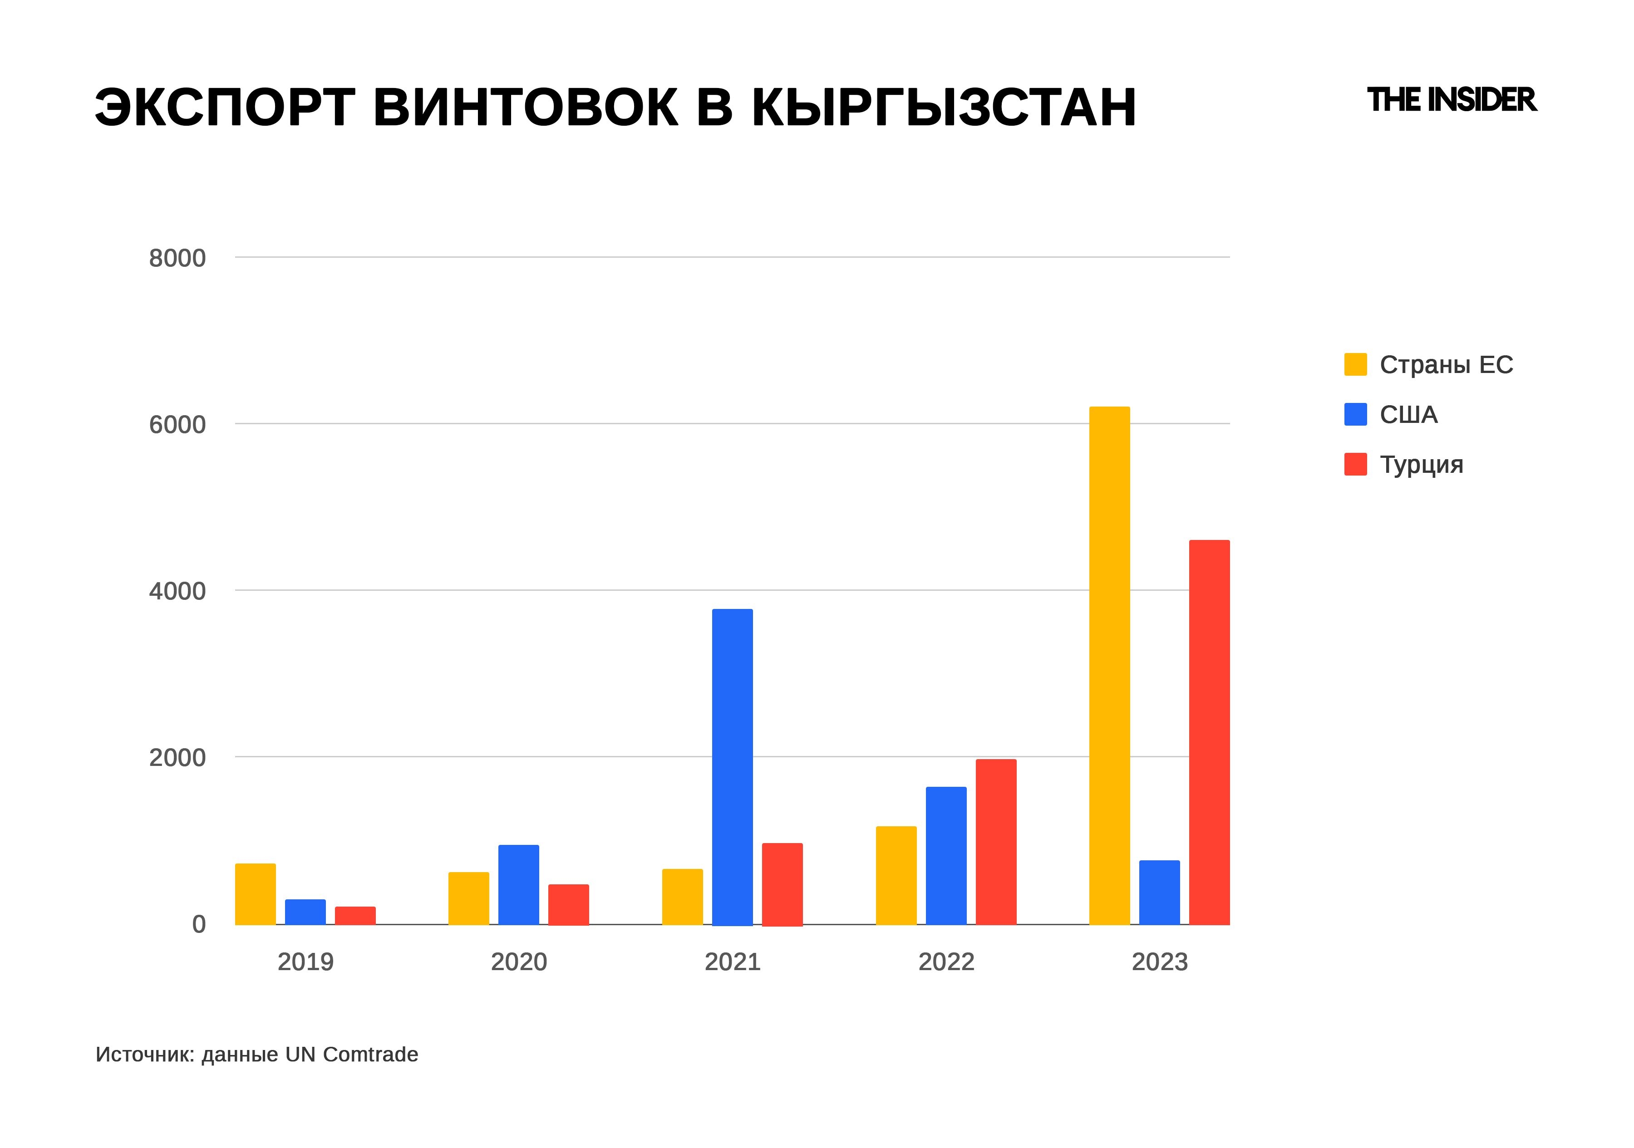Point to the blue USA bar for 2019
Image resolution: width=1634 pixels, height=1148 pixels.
305,912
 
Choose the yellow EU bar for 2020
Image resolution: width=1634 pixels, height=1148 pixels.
468,898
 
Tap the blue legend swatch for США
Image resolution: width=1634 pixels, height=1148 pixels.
1355,415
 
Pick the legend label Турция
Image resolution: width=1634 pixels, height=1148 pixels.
1421,465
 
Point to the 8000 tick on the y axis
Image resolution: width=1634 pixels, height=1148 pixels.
177,258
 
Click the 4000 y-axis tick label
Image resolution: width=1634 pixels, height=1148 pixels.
177,591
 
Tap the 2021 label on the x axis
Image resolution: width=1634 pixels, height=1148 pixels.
732,962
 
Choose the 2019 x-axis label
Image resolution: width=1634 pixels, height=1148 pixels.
305,962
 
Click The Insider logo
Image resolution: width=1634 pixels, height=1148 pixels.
1452,100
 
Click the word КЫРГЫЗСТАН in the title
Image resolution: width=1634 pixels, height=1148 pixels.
944,108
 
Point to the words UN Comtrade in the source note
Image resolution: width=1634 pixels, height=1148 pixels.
352,1054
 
